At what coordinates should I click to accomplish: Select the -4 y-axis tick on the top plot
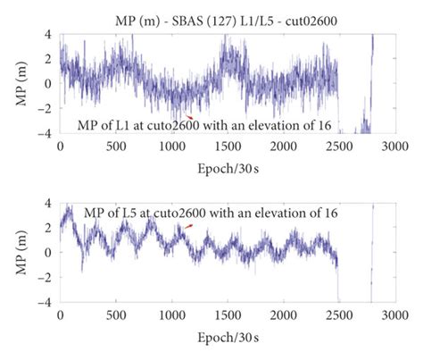coord(47,133)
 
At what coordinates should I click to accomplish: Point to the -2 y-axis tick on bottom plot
coord(47,278)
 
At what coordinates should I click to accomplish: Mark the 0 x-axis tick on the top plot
coord(61,146)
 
